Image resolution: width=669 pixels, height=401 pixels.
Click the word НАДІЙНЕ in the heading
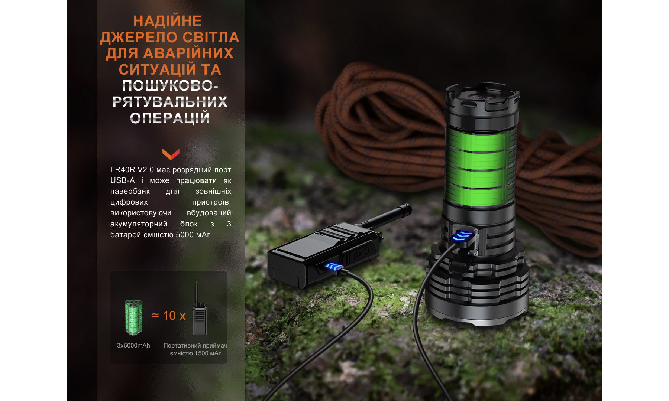pyautogui.click(x=168, y=21)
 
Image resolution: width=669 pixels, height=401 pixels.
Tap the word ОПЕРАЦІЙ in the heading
pyautogui.click(x=170, y=118)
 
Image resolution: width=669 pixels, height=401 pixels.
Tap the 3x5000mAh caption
pyautogui.click(x=133, y=346)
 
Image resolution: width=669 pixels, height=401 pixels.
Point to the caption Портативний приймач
pyautogui.click(x=195, y=346)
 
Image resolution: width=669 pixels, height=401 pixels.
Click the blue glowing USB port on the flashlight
pyautogui.click(x=465, y=235)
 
